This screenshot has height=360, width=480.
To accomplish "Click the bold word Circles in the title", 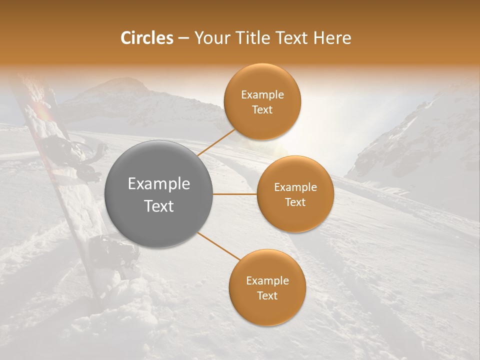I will [x=146, y=38].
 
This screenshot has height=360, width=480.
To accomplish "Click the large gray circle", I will [x=158, y=194].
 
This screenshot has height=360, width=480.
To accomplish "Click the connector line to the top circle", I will [x=216, y=141].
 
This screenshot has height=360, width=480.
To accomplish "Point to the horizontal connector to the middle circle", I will [x=235, y=194].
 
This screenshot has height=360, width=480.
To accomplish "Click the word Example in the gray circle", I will [x=158, y=184].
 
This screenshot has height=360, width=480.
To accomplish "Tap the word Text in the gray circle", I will [x=158, y=206].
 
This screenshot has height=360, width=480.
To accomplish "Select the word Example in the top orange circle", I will [x=262, y=95].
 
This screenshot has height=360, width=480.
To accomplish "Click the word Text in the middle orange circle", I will [x=295, y=202].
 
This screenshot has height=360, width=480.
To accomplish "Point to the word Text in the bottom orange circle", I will [x=267, y=295].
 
